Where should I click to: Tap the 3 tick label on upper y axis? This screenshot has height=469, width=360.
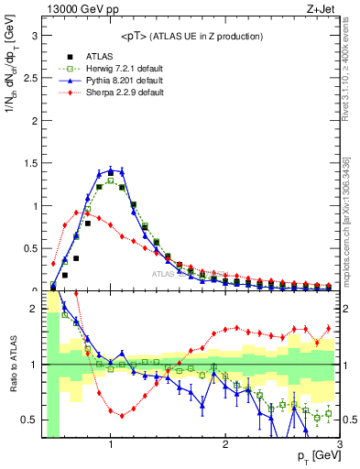coord(35,36)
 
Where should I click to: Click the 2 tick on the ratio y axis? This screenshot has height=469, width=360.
coord(35,309)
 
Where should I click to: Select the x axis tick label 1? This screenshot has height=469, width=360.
coord(111,444)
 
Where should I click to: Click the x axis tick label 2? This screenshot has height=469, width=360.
coord(225,444)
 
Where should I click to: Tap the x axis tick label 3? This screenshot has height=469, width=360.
coord(340,444)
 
